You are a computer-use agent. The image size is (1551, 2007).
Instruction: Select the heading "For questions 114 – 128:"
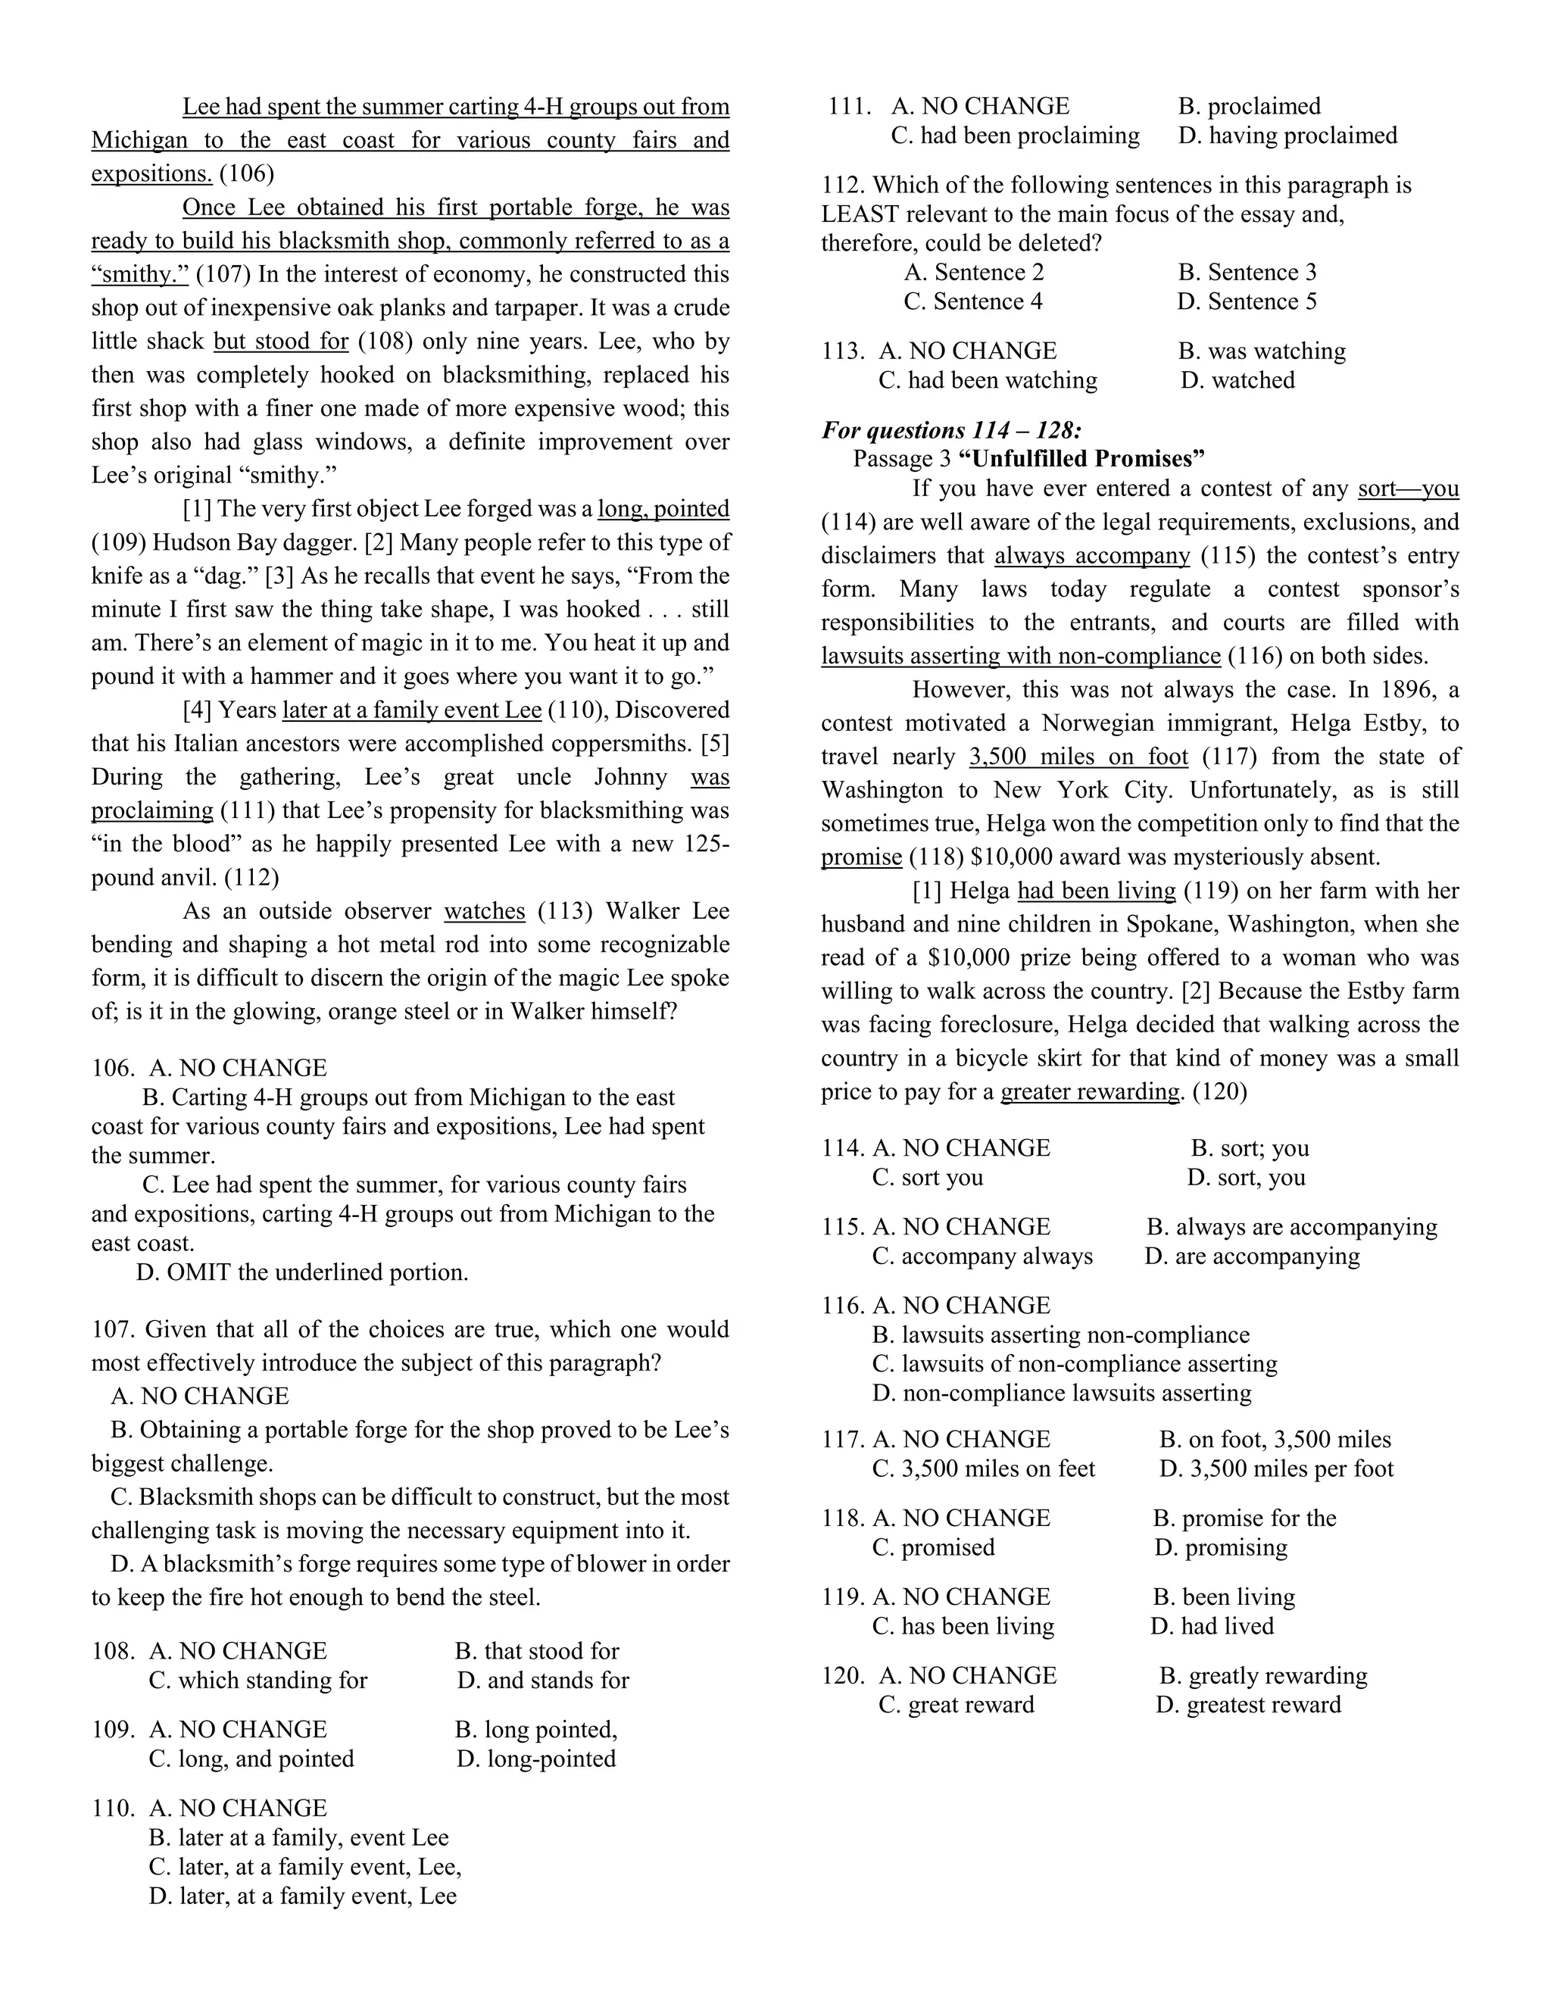click(951, 430)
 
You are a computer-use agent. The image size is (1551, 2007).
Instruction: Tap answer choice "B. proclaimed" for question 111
click(1249, 107)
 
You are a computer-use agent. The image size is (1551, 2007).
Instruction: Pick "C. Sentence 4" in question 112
click(973, 301)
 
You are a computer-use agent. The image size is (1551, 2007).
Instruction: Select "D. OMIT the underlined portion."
click(302, 1273)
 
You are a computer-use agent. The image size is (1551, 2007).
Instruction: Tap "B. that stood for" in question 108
click(537, 1651)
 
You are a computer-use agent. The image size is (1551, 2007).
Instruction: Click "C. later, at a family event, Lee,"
click(305, 1868)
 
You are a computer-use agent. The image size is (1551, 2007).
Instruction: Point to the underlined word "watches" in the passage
click(484, 912)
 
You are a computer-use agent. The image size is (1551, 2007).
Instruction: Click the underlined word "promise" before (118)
click(861, 857)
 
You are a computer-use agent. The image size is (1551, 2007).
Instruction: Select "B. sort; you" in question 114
click(1250, 1149)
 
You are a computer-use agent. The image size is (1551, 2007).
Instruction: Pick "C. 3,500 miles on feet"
click(983, 1469)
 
